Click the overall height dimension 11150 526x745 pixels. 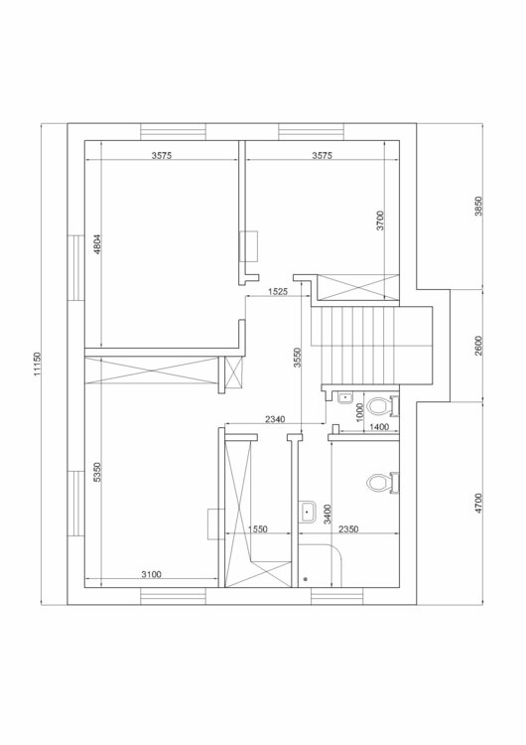tap(37, 364)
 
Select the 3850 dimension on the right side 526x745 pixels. tap(478, 206)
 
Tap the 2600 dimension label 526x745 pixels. tap(478, 346)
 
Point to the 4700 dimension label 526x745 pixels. tap(478, 504)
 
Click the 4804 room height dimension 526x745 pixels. tap(97, 245)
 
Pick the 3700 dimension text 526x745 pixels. tap(380, 221)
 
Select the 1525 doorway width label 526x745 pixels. tap(278, 292)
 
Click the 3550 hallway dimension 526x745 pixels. tap(297, 358)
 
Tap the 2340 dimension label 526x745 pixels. tap(275, 419)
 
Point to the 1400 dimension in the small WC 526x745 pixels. tap(379, 427)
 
